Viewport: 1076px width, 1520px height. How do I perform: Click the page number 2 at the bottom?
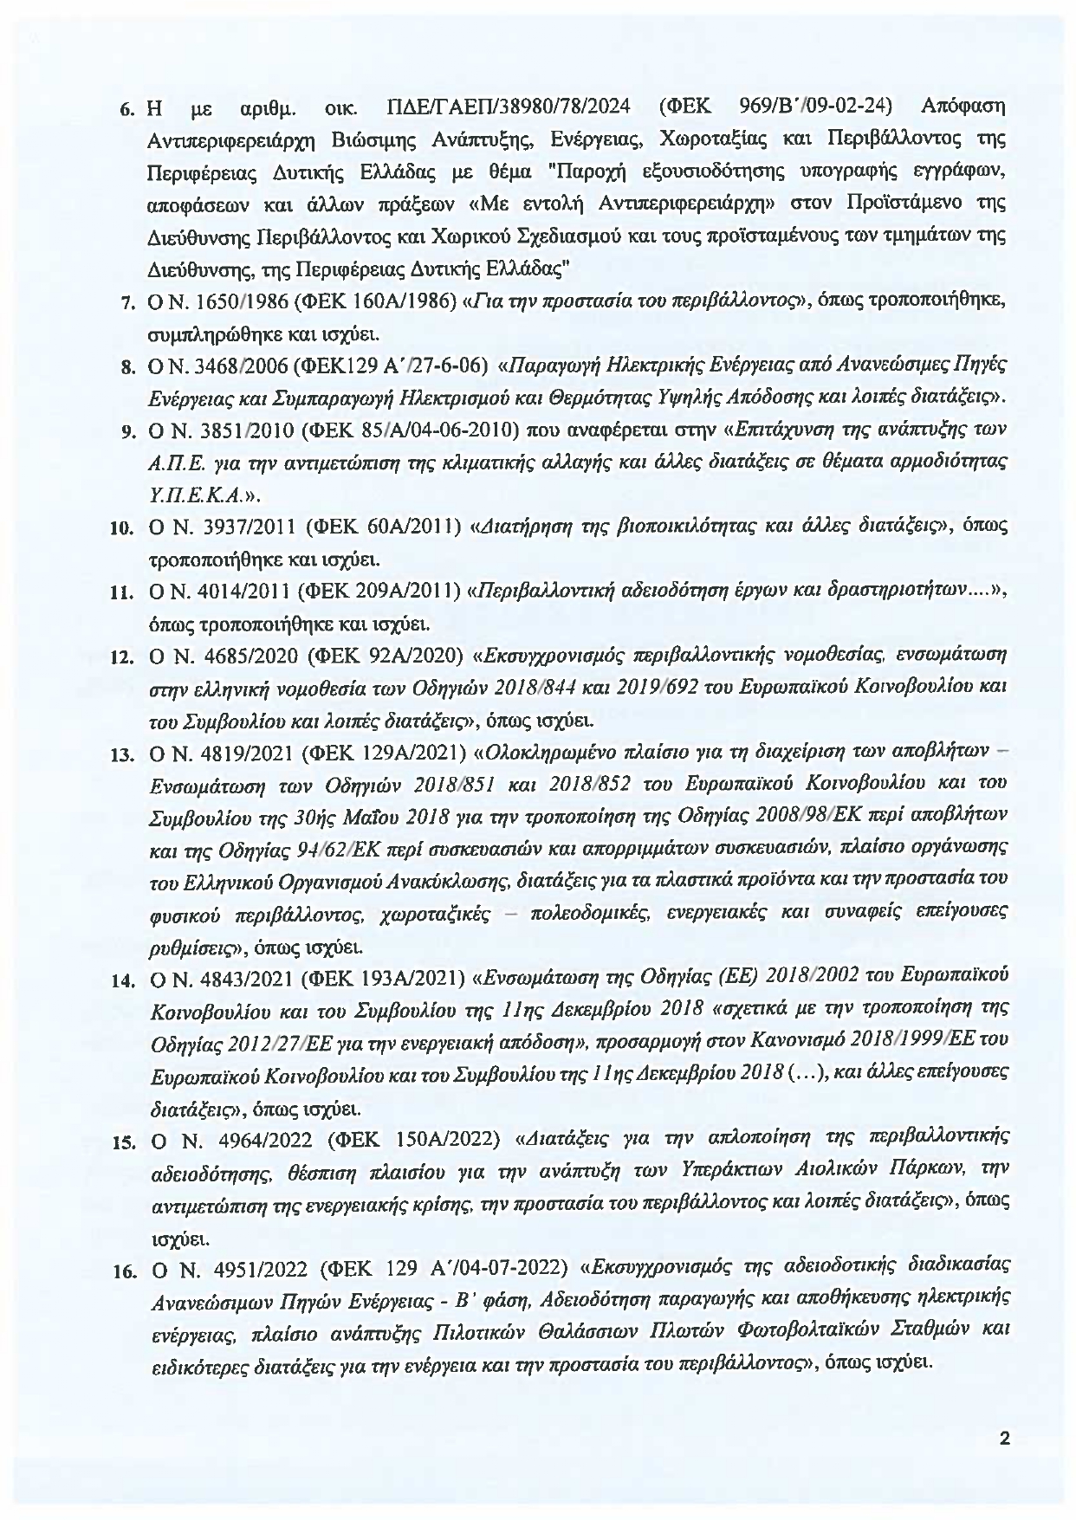coord(1005,1439)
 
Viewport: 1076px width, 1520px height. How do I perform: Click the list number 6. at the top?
coord(126,111)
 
